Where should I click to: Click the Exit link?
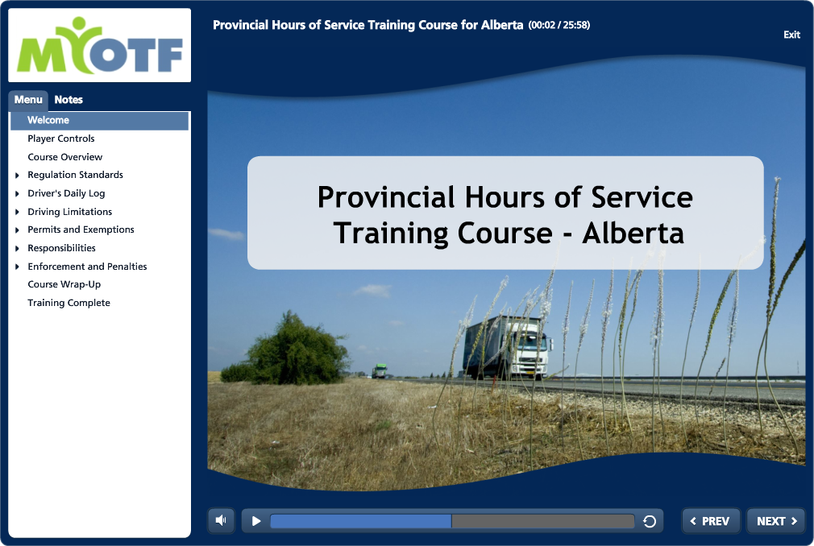[x=791, y=35]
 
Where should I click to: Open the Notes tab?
[x=69, y=100]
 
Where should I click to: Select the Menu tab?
[x=28, y=100]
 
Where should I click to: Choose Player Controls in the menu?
[x=61, y=139]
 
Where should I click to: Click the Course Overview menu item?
[x=65, y=156]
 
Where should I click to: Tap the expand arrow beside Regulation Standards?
[x=17, y=176]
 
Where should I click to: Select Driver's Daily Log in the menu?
[x=66, y=193]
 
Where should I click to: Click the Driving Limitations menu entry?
[x=70, y=212]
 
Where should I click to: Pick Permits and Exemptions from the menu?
[x=81, y=230]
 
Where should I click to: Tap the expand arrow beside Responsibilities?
[x=17, y=248]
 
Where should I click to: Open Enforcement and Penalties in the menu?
[x=87, y=267]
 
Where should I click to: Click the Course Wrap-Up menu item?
[x=64, y=284]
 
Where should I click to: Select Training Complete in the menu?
[x=69, y=303]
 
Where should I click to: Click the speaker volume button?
[x=221, y=520]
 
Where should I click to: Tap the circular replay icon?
[x=650, y=521]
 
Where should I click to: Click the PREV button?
[x=711, y=521]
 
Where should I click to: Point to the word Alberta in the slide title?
[x=633, y=234]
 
